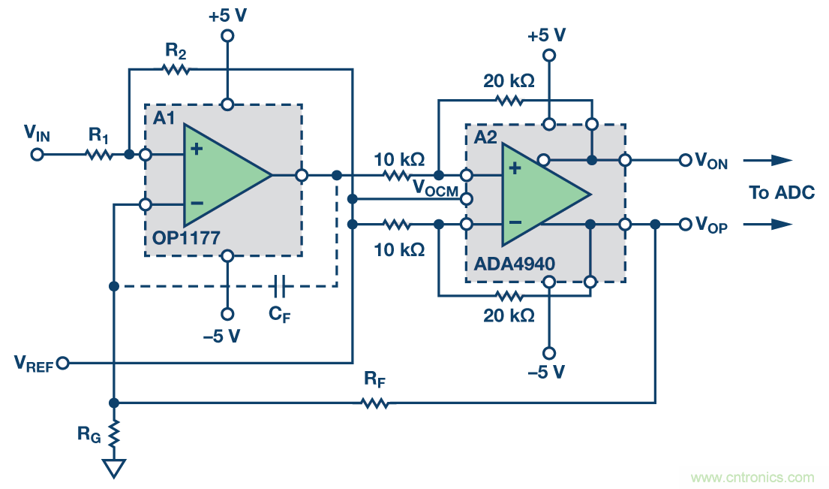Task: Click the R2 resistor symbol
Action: click(176, 69)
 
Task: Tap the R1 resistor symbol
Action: click(99, 155)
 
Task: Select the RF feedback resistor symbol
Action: click(375, 403)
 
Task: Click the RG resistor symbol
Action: click(114, 433)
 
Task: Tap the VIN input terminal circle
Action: click(37, 155)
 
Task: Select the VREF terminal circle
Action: click(63, 364)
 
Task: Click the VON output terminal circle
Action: click(684, 160)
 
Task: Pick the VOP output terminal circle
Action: click(684, 225)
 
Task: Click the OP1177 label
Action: click(185, 239)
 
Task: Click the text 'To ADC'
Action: click(782, 193)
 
